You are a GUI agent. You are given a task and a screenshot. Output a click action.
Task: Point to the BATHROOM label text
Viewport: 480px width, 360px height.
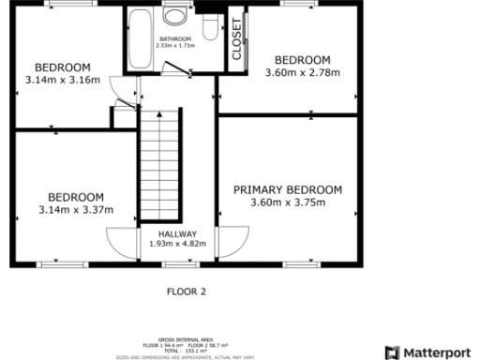pyautogui.click(x=174, y=38)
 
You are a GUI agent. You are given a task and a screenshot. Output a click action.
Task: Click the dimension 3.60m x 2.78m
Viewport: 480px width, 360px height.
pyautogui.click(x=302, y=72)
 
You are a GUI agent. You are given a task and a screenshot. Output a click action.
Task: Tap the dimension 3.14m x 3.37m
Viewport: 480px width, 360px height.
pyautogui.click(x=76, y=209)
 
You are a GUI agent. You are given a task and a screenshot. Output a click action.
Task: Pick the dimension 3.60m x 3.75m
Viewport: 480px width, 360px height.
pyautogui.click(x=288, y=202)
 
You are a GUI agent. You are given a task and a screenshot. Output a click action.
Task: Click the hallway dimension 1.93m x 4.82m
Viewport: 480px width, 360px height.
pyautogui.click(x=177, y=245)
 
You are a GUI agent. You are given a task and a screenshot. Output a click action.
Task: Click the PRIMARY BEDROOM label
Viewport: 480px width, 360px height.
pyautogui.click(x=288, y=189)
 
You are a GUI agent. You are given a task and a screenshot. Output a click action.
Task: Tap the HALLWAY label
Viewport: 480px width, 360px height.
pyautogui.click(x=177, y=233)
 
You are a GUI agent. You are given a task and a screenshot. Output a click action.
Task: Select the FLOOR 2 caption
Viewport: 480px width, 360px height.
pyautogui.click(x=186, y=291)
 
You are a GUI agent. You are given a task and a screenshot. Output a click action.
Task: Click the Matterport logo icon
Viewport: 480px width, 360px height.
pyautogui.click(x=393, y=352)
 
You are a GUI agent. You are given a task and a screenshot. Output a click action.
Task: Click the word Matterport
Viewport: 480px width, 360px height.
pyautogui.click(x=439, y=352)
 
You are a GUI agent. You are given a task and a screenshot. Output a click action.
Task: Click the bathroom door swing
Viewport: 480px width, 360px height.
pyautogui.click(x=171, y=68)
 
